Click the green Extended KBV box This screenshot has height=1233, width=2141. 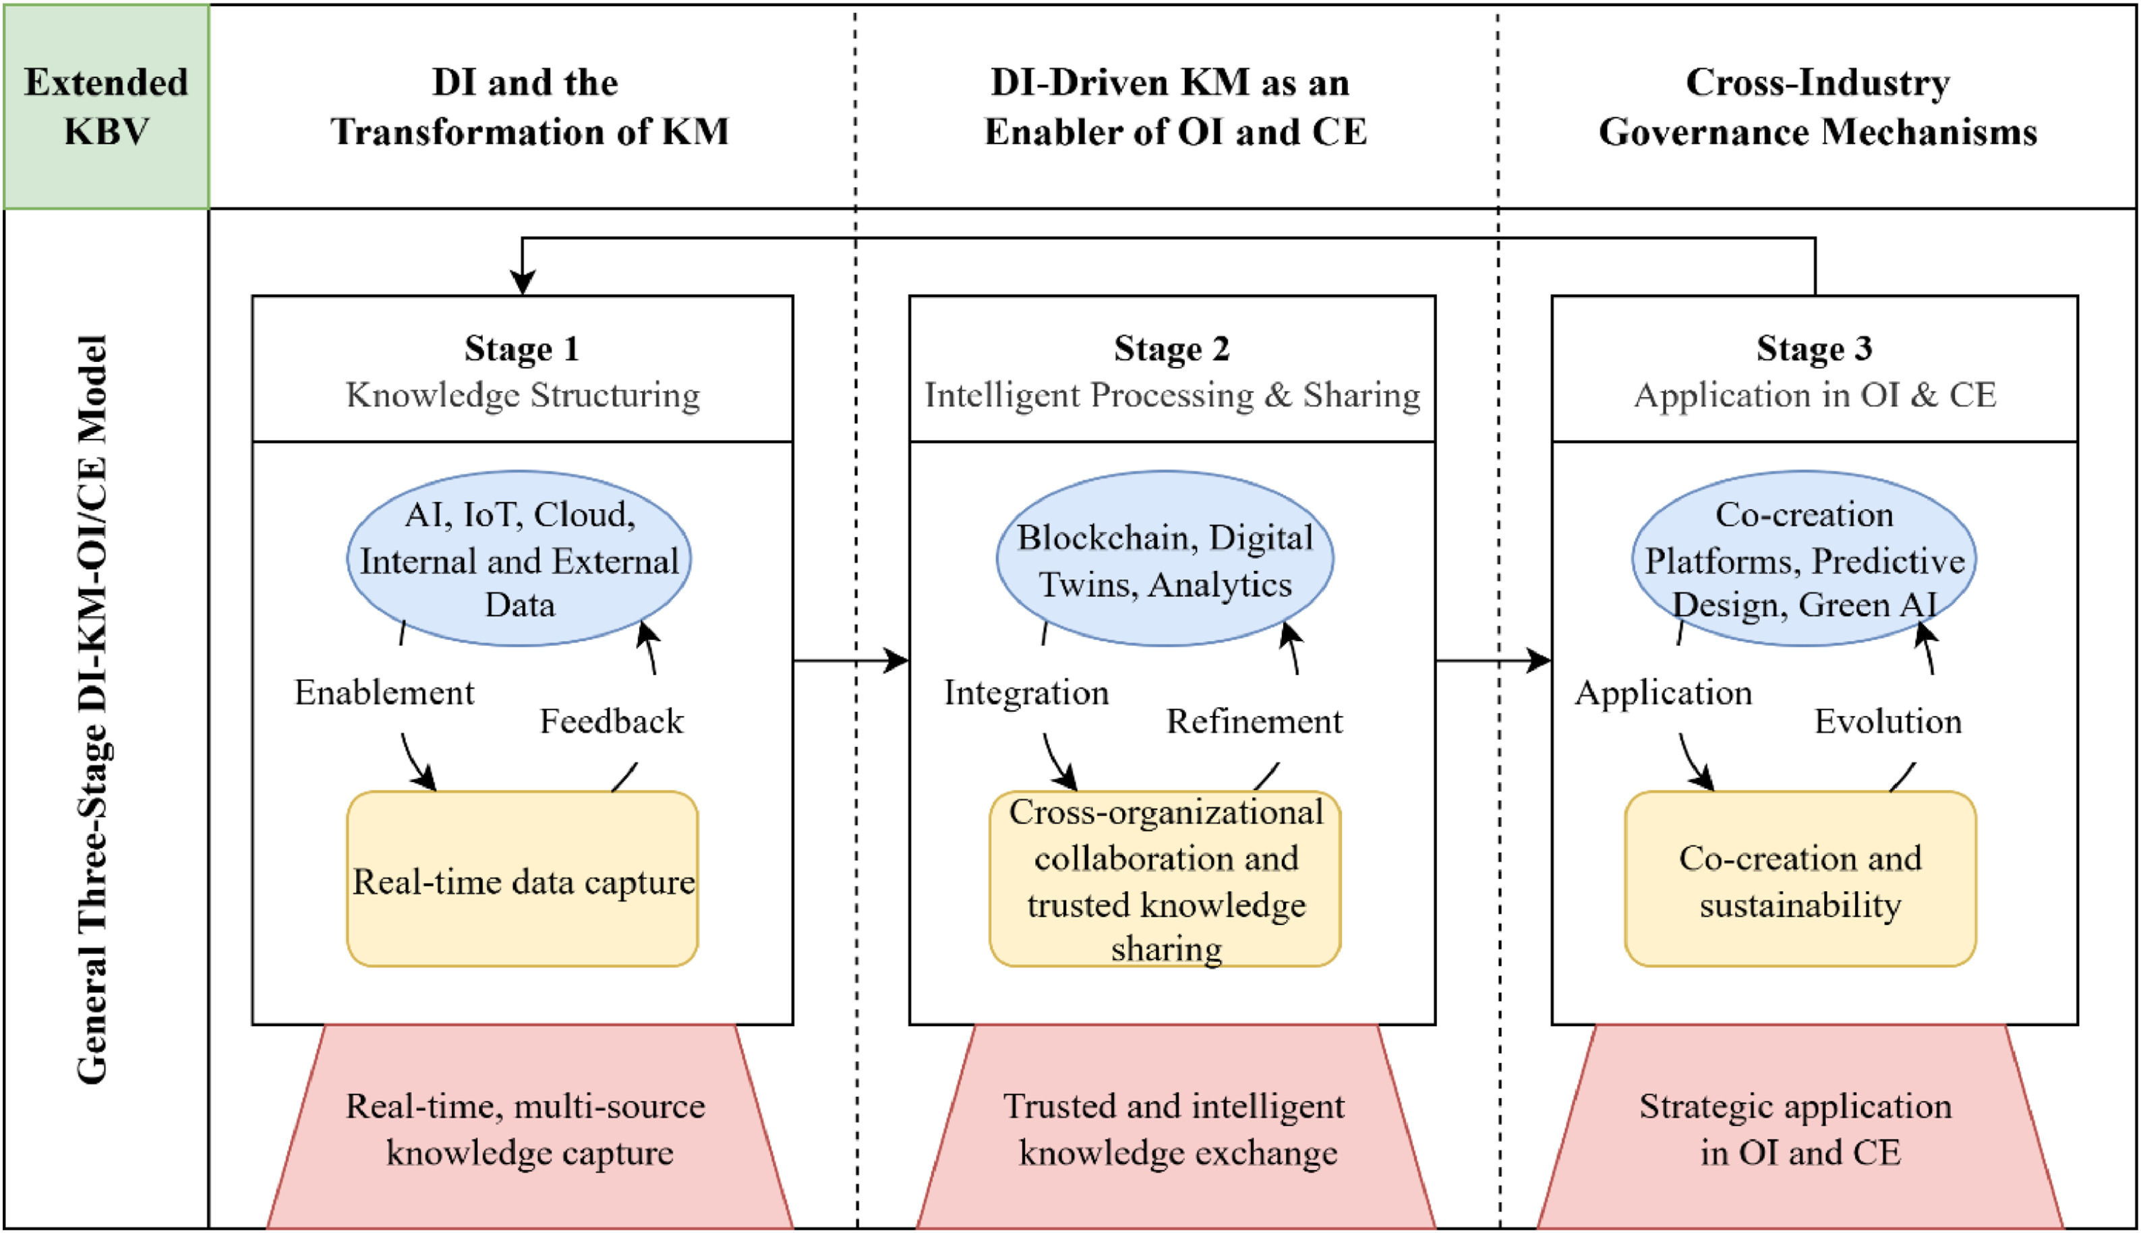pyautogui.click(x=107, y=107)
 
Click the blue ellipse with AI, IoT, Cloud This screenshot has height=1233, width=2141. pyautogui.click(x=519, y=559)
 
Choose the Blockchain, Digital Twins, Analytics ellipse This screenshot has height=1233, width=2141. pyautogui.click(x=1165, y=559)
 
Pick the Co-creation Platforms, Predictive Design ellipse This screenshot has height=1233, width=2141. pyautogui.click(x=1804, y=559)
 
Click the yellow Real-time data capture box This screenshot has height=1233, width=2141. pyautogui.click(x=523, y=879)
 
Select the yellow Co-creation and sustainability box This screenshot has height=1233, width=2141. pyautogui.click(x=1800, y=879)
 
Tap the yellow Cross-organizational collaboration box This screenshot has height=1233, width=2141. pyautogui.click(x=1165, y=879)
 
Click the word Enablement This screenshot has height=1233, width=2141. pyautogui.click(x=384, y=693)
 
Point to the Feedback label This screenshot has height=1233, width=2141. pyautogui.click(x=612, y=721)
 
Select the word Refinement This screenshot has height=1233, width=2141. pyautogui.click(x=1254, y=721)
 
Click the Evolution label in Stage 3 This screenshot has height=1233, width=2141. pyautogui.click(x=1887, y=721)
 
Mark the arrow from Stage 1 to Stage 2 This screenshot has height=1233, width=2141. pyautogui.click(x=851, y=660)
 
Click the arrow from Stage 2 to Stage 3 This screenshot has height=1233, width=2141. pyautogui.click(x=1494, y=660)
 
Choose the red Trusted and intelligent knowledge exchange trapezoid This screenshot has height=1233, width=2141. pyautogui.click(x=1176, y=1126)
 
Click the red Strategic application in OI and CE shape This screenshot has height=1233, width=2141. pyautogui.click(x=1800, y=1126)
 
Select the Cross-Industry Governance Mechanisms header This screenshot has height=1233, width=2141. pyautogui.click(x=1817, y=107)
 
